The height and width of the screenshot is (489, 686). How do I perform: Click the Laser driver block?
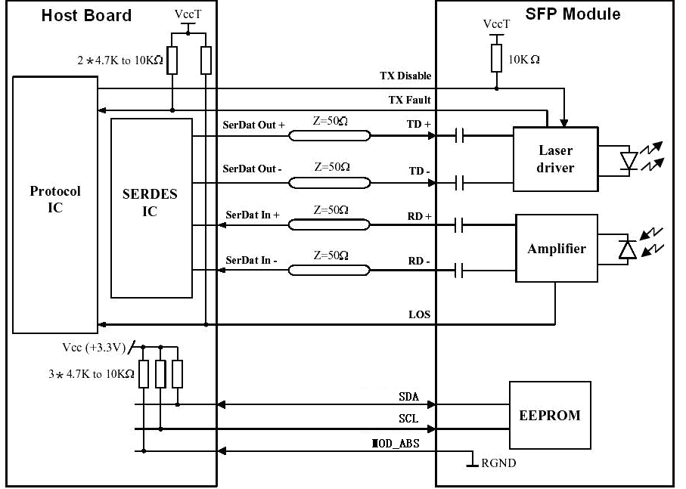[555, 159]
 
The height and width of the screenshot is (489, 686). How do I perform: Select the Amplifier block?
[557, 248]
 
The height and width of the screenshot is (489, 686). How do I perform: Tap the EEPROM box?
[550, 415]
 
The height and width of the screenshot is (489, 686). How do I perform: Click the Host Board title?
[86, 16]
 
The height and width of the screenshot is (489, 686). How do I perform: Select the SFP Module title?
[573, 14]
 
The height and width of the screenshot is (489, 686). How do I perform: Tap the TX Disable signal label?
[405, 76]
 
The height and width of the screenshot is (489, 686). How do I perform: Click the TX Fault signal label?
[409, 100]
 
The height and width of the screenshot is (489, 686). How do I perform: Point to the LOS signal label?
[419, 314]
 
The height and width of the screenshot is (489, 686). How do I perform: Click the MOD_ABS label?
[395, 444]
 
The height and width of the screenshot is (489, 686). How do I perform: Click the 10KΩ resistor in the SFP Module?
[496, 58]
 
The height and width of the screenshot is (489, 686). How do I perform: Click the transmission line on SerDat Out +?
[330, 136]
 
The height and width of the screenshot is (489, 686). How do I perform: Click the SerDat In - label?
[251, 261]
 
